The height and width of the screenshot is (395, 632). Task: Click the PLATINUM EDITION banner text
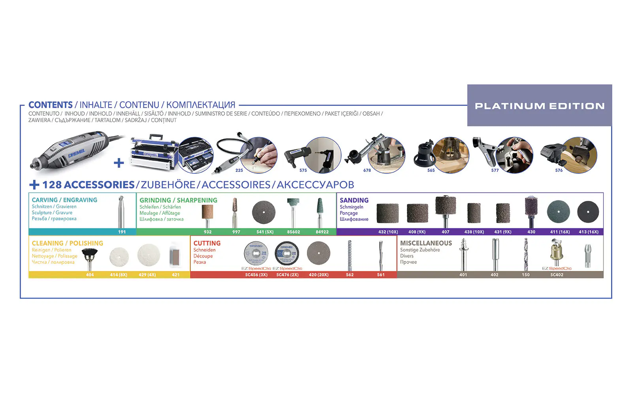[x=540, y=106]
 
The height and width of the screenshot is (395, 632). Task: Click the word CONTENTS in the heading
[x=51, y=105]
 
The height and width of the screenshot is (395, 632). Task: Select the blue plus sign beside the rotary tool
[x=118, y=163]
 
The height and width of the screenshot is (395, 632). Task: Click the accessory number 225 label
[x=239, y=170]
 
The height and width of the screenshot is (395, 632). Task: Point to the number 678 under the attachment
[x=367, y=170]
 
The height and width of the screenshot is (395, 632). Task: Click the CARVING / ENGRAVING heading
[x=64, y=200]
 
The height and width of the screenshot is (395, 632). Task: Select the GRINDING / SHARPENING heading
[x=178, y=200]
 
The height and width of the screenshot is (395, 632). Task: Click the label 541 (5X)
[x=265, y=232]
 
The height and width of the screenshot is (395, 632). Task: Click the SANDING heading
[x=354, y=200]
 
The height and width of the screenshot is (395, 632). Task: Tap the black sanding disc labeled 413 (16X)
[x=588, y=212]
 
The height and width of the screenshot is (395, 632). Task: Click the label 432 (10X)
[x=388, y=232]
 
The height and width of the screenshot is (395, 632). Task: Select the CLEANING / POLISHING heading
[x=67, y=243]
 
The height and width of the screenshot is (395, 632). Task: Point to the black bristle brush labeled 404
[x=90, y=256]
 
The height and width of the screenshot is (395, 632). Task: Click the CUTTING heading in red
[x=207, y=243]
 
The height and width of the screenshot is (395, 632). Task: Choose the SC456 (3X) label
[x=256, y=275]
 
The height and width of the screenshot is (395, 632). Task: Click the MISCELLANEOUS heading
[x=426, y=243]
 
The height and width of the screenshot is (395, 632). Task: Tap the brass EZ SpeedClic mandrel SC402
[x=556, y=253]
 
